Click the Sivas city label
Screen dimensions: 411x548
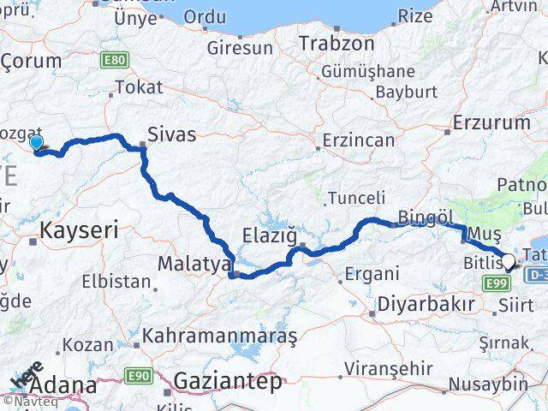171,134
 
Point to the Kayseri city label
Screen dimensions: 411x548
80,229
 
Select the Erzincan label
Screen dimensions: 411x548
359,140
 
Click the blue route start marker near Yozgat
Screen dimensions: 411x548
36,142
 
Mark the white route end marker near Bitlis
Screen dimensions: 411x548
509,262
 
